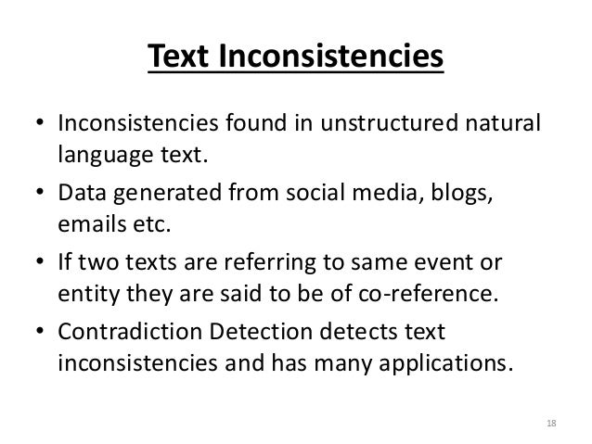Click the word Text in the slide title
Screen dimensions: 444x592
[x=179, y=57]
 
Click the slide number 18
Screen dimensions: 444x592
[x=552, y=424]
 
